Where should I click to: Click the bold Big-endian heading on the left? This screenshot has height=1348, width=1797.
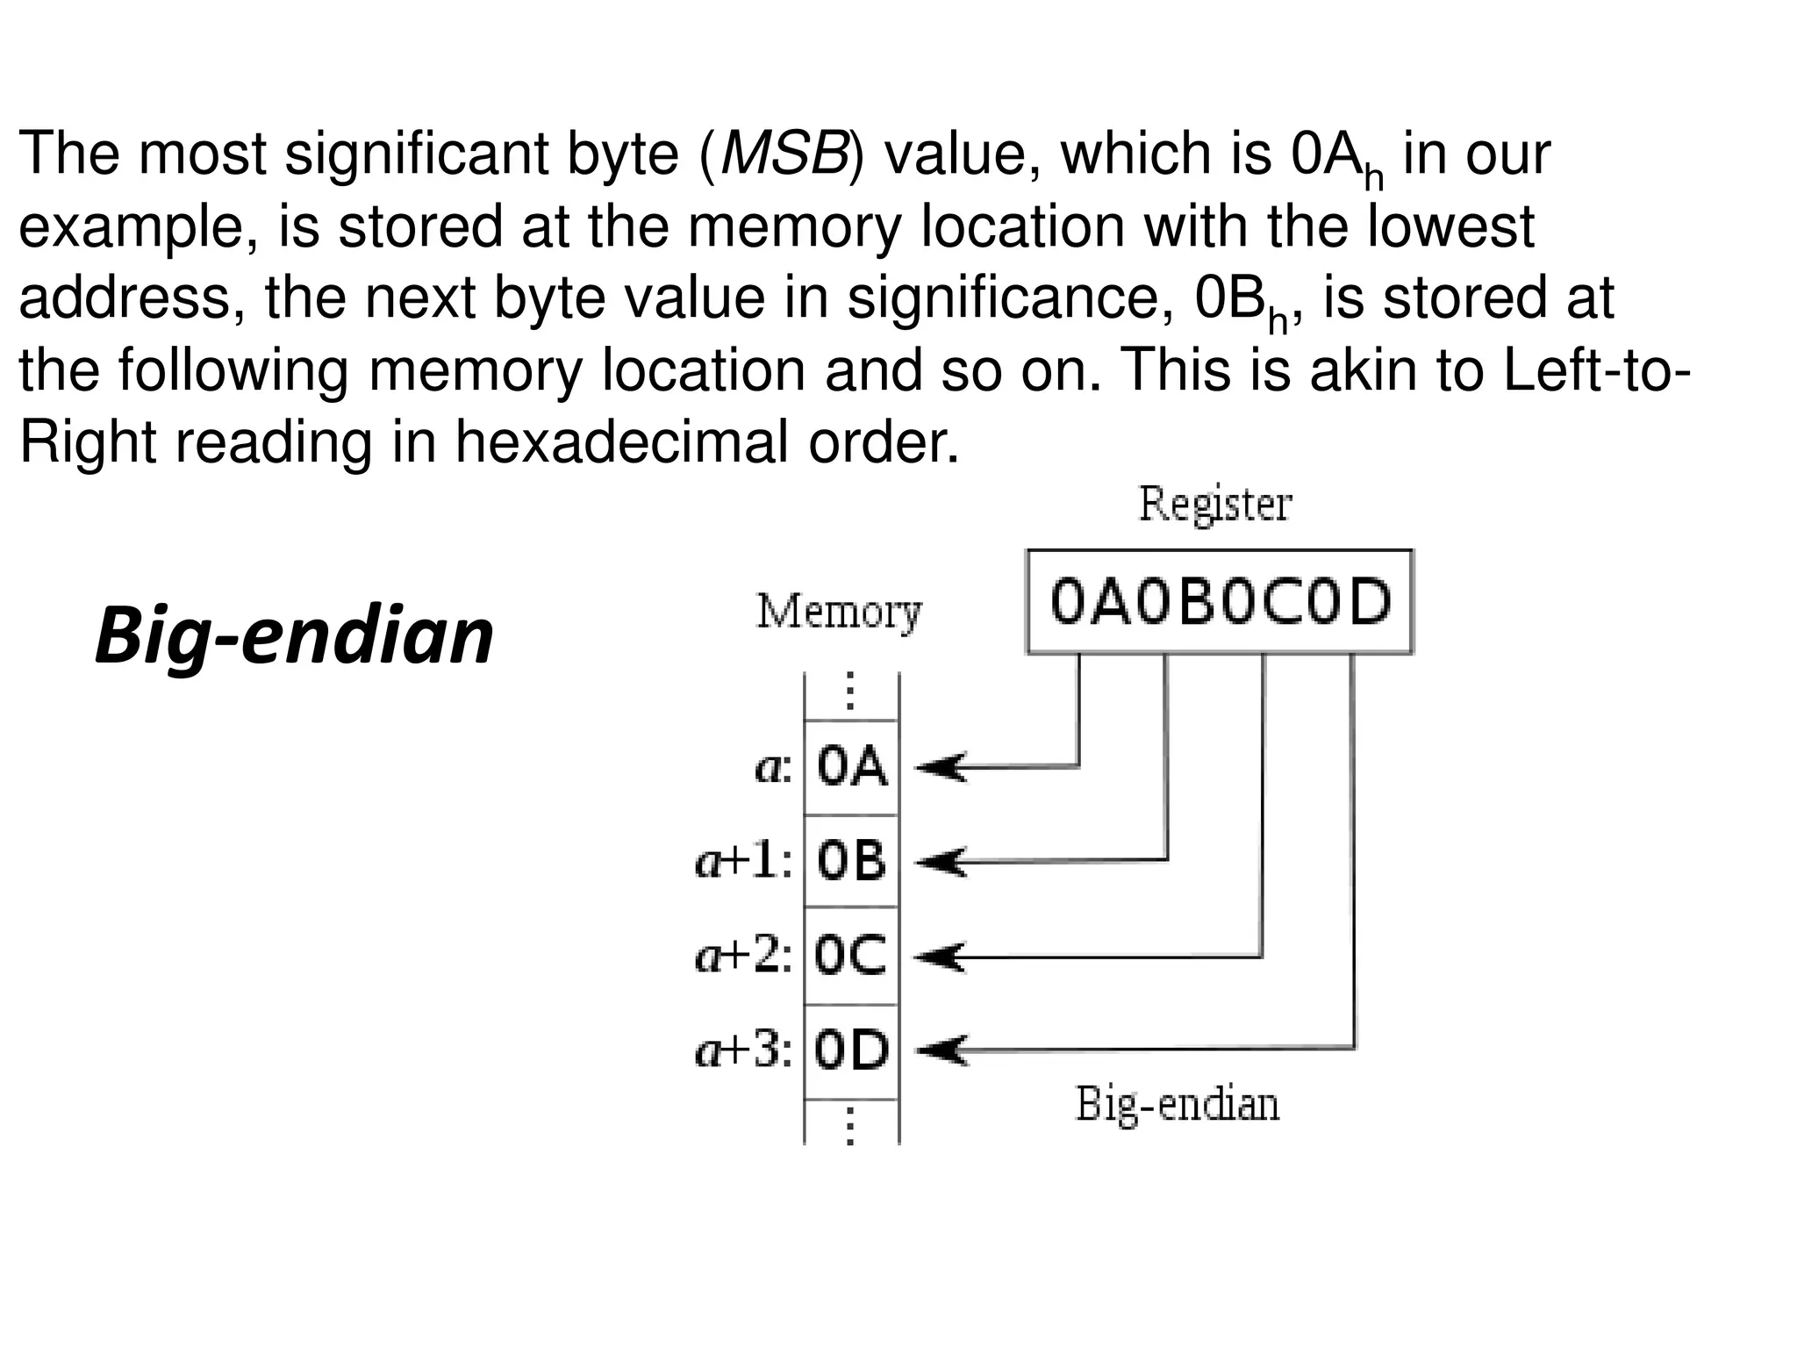[294, 636]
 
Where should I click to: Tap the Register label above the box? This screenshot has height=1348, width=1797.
[1215, 505]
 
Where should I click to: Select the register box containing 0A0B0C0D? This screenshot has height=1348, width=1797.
[1220, 602]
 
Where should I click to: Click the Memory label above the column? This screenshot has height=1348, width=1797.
[839, 612]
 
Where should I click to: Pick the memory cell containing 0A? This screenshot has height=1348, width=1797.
[851, 768]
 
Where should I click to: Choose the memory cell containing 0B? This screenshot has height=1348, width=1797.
[851, 861]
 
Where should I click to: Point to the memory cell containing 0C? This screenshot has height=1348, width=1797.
[851, 956]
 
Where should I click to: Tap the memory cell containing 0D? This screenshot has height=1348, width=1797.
[851, 1050]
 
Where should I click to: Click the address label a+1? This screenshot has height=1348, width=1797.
[744, 861]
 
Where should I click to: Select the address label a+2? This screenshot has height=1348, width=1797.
[744, 956]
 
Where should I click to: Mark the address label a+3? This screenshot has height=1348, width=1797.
[744, 1050]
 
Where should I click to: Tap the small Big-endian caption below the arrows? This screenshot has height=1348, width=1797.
[1177, 1105]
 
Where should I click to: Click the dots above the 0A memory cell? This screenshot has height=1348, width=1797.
[849, 692]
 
